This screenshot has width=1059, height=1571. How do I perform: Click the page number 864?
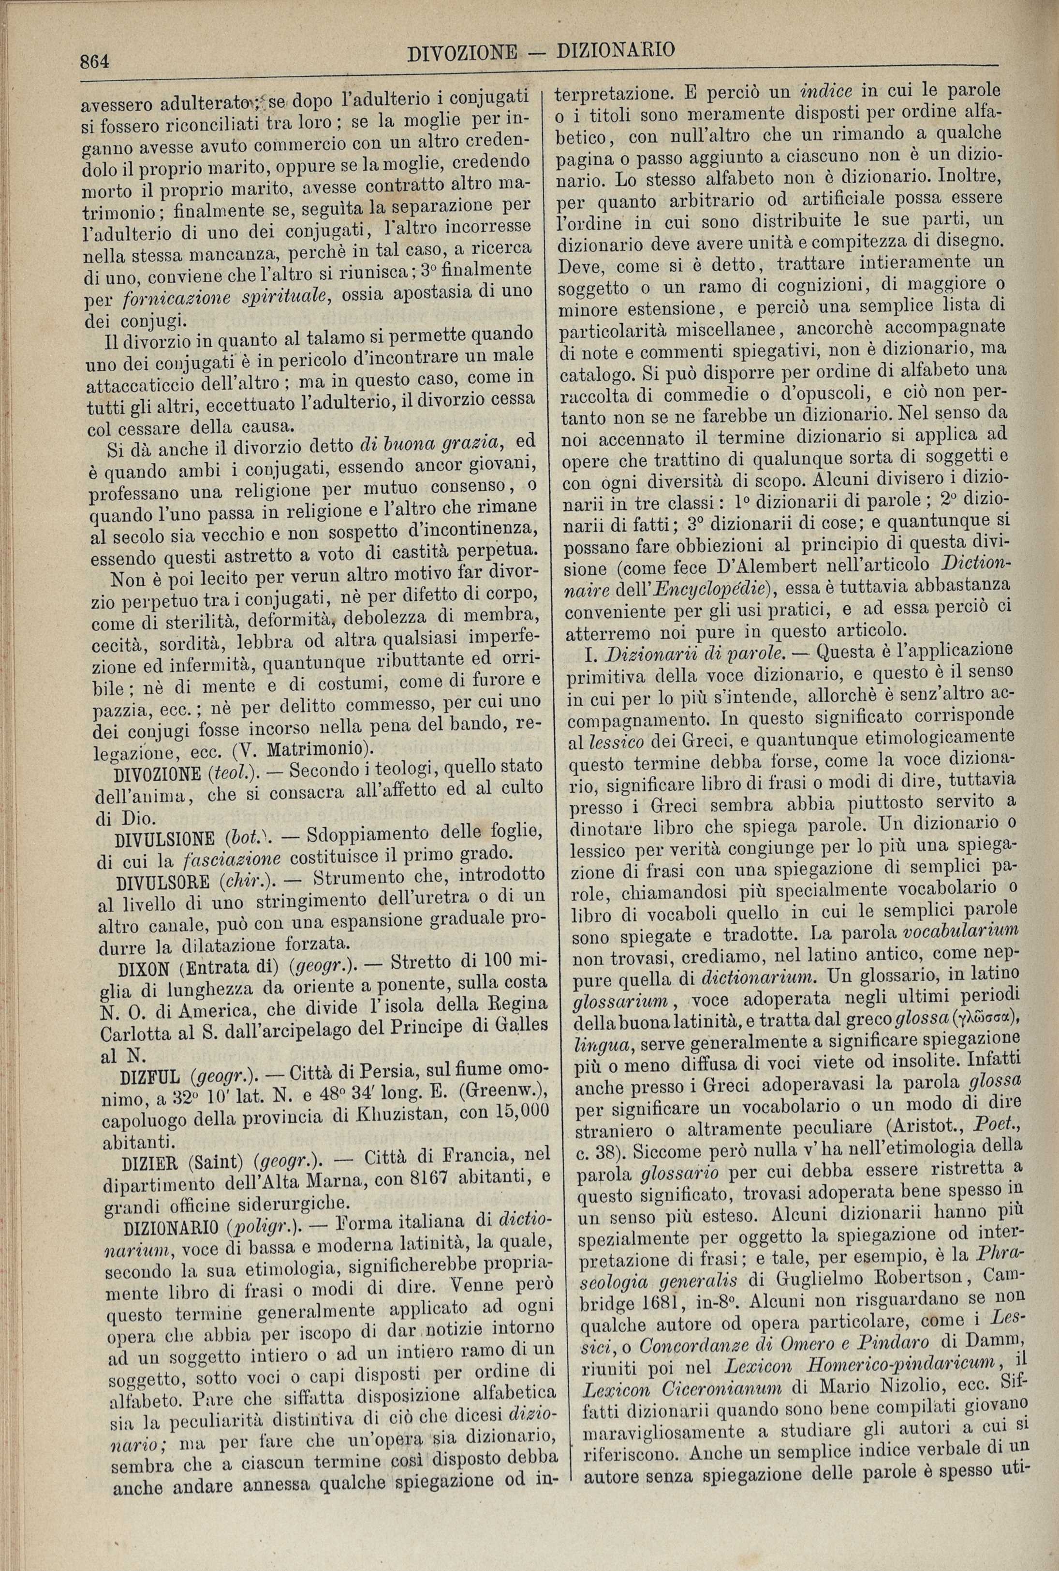pos(95,62)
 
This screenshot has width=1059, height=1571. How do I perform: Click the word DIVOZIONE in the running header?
pos(463,53)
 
